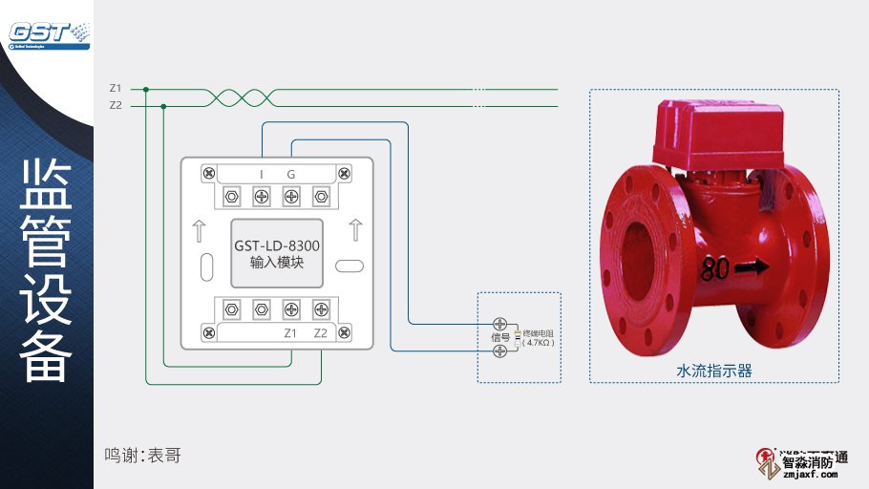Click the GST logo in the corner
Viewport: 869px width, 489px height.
(x=48, y=32)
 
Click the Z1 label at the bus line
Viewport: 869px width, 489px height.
(x=116, y=89)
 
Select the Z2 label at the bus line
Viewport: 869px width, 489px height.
(x=116, y=105)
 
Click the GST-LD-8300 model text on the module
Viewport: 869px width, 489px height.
(x=277, y=245)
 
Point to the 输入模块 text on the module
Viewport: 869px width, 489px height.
(x=277, y=262)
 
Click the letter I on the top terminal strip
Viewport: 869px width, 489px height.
(x=262, y=174)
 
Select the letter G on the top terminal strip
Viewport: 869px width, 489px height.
(x=291, y=174)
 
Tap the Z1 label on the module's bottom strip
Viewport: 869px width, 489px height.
(x=291, y=333)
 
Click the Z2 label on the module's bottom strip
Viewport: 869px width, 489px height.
(x=321, y=333)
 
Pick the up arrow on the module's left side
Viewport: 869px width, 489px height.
(x=199, y=230)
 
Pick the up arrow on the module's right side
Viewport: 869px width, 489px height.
(x=355, y=230)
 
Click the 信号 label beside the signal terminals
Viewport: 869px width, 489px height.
(x=499, y=337)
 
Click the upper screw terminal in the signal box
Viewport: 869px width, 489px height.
(x=499, y=323)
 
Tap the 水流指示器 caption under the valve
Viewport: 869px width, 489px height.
(x=714, y=371)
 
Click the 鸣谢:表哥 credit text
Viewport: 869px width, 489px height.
(x=142, y=456)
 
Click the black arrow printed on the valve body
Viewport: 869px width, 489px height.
(x=751, y=268)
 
